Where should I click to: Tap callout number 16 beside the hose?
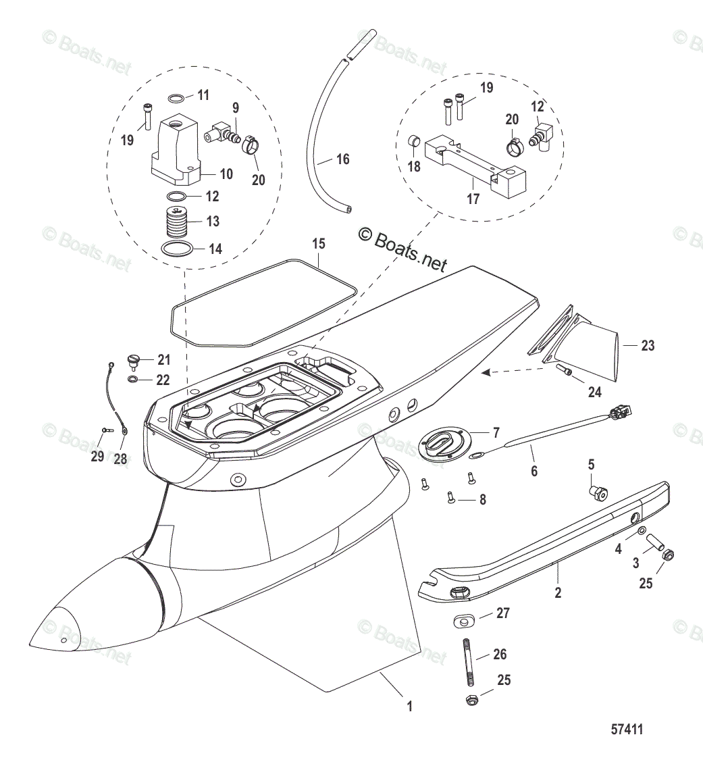pyautogui.click(x=343, y=159)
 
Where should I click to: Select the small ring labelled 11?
pyautogui.click(x=175, y=98)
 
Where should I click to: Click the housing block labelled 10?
pyautogui.click(x=174, y=150)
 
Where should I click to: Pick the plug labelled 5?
pyautogui.click(x=596, y=492)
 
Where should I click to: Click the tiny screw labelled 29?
pyautogui.click(x=105, y=429)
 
